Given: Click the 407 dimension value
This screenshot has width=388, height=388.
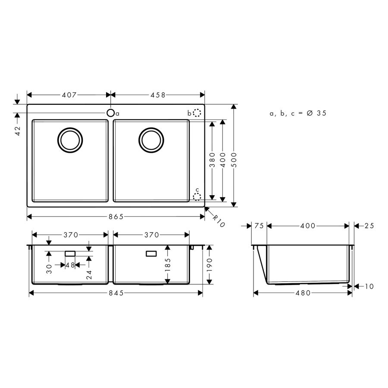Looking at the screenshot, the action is tap(69, 95).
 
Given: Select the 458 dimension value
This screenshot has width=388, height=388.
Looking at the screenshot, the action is tap(158, 95).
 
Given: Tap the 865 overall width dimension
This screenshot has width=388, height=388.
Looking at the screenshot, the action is tap(116, 217).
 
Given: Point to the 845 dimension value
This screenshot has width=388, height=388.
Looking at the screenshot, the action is tap(116, 293).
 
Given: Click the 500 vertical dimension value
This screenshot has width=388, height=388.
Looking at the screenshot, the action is tap(234, 160).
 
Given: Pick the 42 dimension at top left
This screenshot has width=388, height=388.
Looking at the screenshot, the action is tap(18, 131).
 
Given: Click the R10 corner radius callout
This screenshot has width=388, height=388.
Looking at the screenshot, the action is tap(219, 221).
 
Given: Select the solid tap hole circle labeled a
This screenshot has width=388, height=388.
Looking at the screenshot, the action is tap(111, 113).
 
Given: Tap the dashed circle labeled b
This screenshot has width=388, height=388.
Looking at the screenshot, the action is tap(197, 113).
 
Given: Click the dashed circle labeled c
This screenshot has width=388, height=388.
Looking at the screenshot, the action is tap(197, 197).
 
